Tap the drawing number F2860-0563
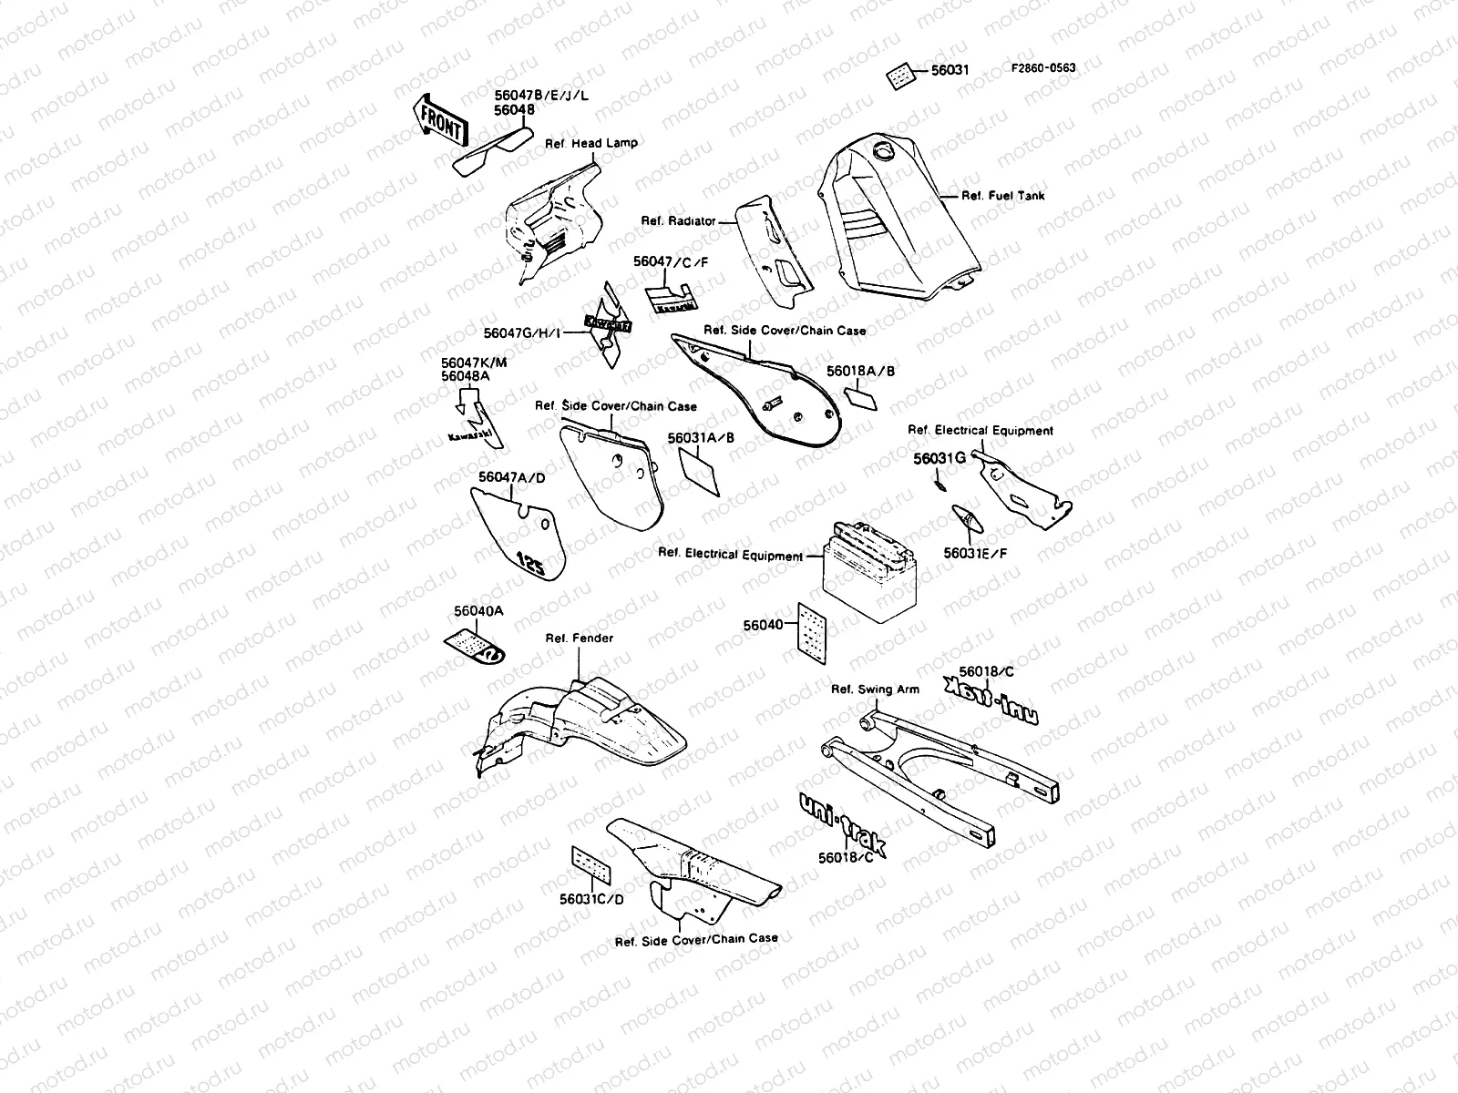click(1042, 67)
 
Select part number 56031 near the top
click(950, 70)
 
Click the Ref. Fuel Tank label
click(1003, 196)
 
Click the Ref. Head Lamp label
click(591, 143)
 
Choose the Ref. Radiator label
click(678, 220)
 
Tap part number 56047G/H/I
click(524, 332)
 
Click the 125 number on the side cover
click(531, 564)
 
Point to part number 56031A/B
click(701, 438)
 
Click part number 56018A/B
click(861, 372)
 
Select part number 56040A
click(478, 611)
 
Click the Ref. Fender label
click(579, 638)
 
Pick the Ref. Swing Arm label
click(875, 690)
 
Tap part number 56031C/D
click(592, 899)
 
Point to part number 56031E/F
click(975, 553)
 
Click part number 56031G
click(939, 459)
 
